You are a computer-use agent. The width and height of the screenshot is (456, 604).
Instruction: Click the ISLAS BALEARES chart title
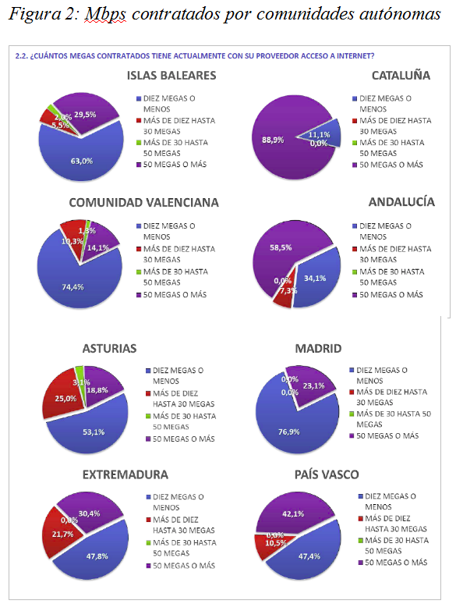tap(171, 76)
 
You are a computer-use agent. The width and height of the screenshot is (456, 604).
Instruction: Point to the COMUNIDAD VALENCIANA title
tap(143, 202)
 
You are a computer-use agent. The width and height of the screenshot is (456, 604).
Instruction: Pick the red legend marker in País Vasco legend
tap(359, 517)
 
